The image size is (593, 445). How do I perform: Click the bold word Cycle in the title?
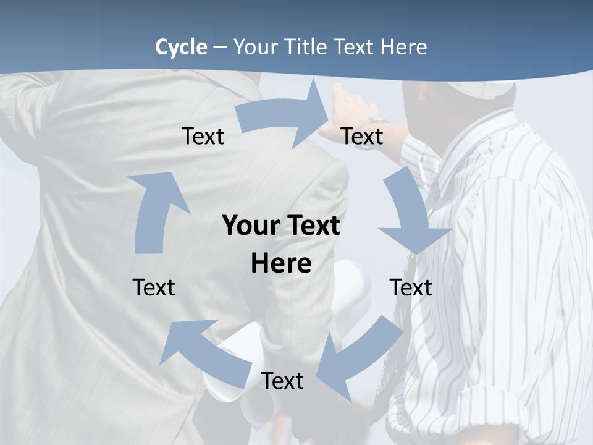pyautogui.click(x=181, y=47)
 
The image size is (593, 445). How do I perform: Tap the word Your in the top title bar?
pyautogui.click(x=254, y=47)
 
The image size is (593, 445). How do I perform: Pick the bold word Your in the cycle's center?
pyautogui.click(x=247, y=226)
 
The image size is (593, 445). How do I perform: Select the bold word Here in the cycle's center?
pyautogui.click(x=281, y=263)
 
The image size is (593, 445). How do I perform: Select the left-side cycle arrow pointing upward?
pyautogui.click(x=154, y=210)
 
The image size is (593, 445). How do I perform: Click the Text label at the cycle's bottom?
pyautogui.click(x=282, y=381)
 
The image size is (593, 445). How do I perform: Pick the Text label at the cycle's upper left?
pyautogui.click(x=203, y=137)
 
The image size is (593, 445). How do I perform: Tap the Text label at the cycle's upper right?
pyautogui.click(x=362, y=137)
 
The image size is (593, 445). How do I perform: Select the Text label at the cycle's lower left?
pyautogui.click(x=154, y=287)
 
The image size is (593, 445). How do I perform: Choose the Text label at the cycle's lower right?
pyautogui.click(x=411, y=287)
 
